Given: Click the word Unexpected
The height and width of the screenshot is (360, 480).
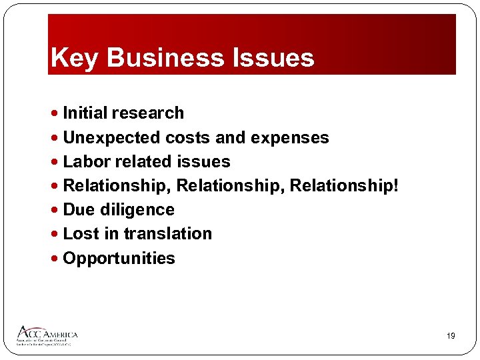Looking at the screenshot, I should (x=111, y=138).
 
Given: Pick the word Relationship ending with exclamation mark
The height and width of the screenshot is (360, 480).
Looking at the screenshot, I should (x=344, y=186).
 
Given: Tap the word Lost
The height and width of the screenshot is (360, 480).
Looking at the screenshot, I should (x=80, y=234).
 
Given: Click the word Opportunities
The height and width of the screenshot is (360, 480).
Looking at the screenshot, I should (x=119, y=259).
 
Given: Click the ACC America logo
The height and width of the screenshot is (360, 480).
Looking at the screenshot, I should (x=47, y=335).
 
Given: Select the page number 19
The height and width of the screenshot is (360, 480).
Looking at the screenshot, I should (x=451, y=337).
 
